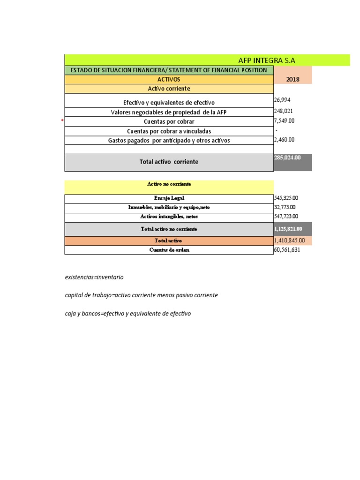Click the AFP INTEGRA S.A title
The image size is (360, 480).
[x=267, y=60]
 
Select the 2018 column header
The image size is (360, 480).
[x=293, y=80]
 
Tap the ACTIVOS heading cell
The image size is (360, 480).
[x=169, y=80]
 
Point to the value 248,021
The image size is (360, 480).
[x=284, y=112]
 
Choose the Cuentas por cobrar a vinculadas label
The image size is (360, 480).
[x=169, y=131]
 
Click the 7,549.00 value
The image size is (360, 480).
[x=285, y=121]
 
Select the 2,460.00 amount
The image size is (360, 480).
[x=285, y=140]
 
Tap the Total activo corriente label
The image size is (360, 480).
[x=169, y=162]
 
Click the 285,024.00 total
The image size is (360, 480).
[x=287, y=158]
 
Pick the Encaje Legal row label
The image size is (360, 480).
[x=169, y=198]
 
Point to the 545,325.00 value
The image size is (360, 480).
[x=286, y=198]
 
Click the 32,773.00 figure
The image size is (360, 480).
[x=285, y=207]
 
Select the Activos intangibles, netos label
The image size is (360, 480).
[x=169, y=217]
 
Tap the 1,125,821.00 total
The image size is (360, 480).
[x=288, y=229]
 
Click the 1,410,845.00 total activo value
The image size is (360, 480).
[x=289, y=240]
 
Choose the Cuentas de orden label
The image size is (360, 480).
[x=169, y=250]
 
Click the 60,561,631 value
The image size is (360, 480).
[x=287, y=250]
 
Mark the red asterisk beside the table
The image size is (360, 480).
[x=62, y=121]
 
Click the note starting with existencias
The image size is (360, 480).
[x=94, y=277]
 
